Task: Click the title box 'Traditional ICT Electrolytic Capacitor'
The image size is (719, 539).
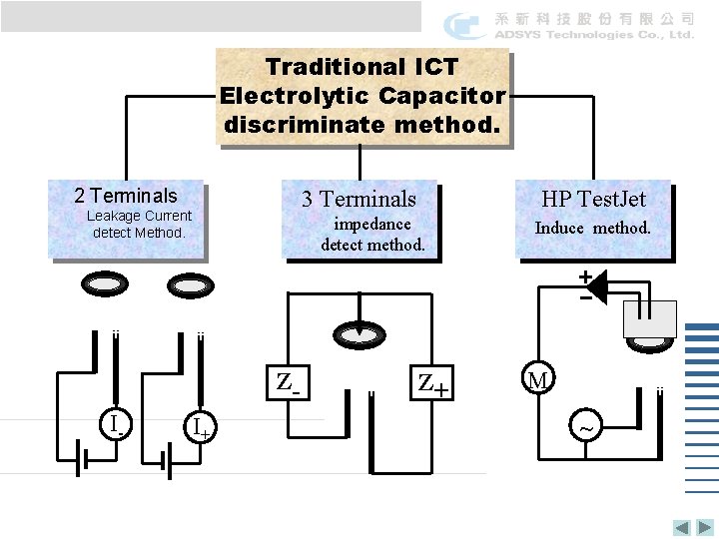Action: pos(363,96)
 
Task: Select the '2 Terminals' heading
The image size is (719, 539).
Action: pos(126,196)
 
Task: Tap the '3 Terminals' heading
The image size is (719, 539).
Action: pos(359,199)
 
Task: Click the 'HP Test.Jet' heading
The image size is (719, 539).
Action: pos(594,200)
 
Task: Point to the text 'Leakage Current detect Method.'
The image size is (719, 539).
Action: pos(139,224)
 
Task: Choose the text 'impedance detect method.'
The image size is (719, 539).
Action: pos(372,234)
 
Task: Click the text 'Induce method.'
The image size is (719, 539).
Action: pos(592,228)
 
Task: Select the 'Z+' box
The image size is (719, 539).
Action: pos(431,381)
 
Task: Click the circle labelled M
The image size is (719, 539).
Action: pos(538,379)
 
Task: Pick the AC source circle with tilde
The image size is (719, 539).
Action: pos(586,428)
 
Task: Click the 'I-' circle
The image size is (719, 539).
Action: pos(117,427)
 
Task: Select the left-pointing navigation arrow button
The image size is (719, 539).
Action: pos(681,528)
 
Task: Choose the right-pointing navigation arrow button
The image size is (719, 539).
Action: pos(703,528)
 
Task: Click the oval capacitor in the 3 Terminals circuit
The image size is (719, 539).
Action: pos(359,331)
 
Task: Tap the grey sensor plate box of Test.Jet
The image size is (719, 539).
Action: pos(649,318)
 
